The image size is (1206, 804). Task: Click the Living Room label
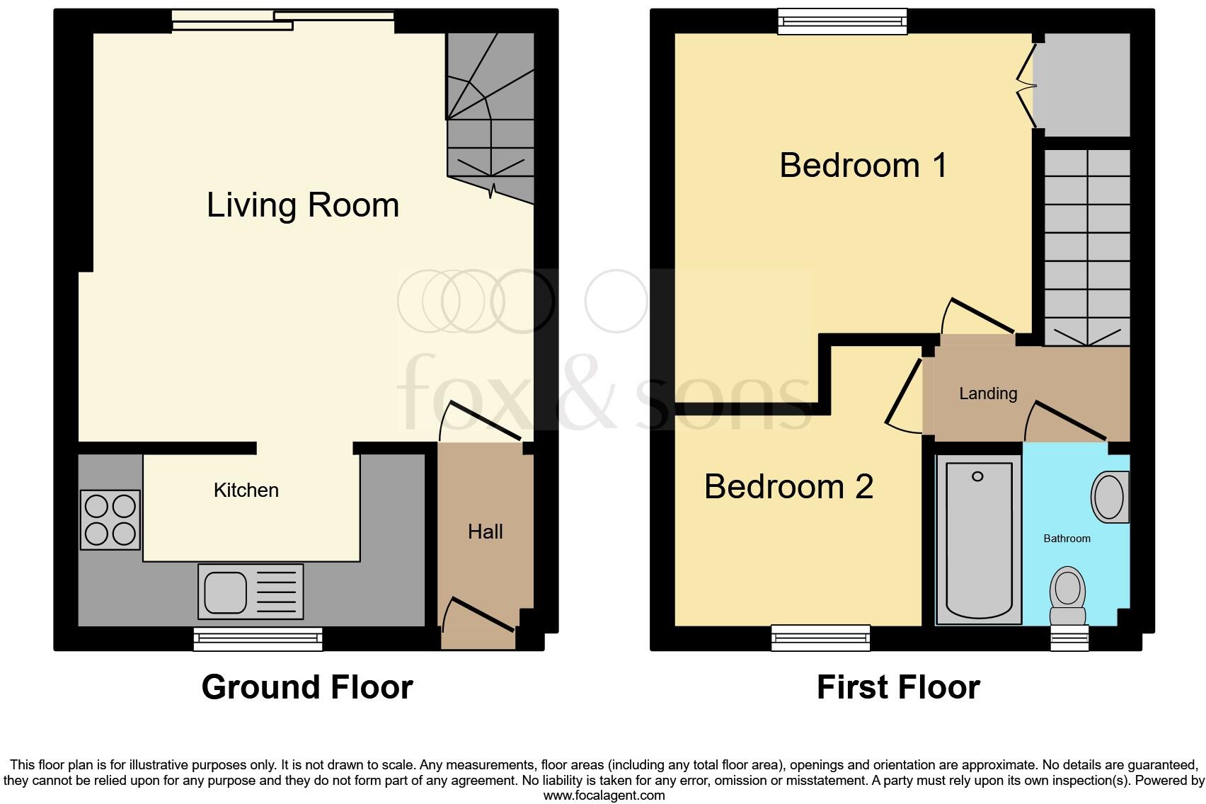[x=303, y=205]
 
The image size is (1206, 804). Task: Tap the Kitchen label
[x=246, y=490]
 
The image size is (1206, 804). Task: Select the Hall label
[x=486, y=532]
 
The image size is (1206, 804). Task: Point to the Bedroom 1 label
[x=863, y=166]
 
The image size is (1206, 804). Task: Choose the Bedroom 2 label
[x=788, y=487]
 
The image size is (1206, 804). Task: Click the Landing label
[x=988, y=394]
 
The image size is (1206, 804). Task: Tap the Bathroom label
[x=1067, y=539]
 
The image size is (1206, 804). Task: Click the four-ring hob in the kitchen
[x=110, y=520]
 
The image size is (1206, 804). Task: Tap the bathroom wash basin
[x=1109, y=497]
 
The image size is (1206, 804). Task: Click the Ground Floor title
[x=307, y=687]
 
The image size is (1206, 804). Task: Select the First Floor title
[x=898, y=687]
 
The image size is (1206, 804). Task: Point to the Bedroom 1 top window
[x=842, y=21]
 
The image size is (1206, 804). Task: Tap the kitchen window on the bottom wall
[x=258, y=639]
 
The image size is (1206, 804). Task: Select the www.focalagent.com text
[x=604, y=796]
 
